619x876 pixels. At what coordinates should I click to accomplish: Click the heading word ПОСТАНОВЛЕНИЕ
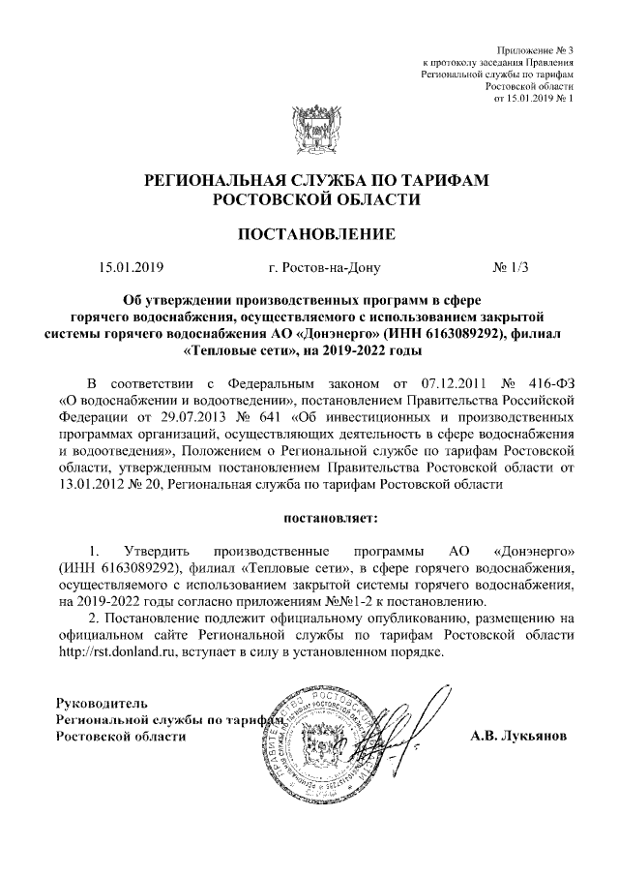coord(309,233)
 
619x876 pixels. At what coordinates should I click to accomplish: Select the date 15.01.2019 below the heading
coord(133,266)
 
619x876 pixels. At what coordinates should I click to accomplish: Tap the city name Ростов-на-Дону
coord(325,266)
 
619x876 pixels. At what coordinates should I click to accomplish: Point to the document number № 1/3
coord(512,266)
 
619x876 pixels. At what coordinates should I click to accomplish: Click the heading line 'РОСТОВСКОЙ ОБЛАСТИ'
coord(309,199)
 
